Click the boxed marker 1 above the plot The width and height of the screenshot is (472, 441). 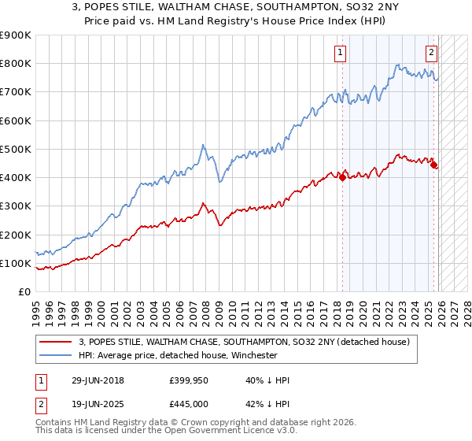click(340, 54)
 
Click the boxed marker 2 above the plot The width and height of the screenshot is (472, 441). click(432, 54)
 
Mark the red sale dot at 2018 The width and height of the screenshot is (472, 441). click(342, 177)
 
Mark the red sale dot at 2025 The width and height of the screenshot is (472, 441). click(434, 165)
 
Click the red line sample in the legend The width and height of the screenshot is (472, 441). click(55, 343)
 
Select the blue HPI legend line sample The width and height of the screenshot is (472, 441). click(55, 355)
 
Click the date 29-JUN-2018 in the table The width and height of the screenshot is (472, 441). click(97, 380)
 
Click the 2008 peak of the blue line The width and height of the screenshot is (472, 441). click(203, 145)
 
